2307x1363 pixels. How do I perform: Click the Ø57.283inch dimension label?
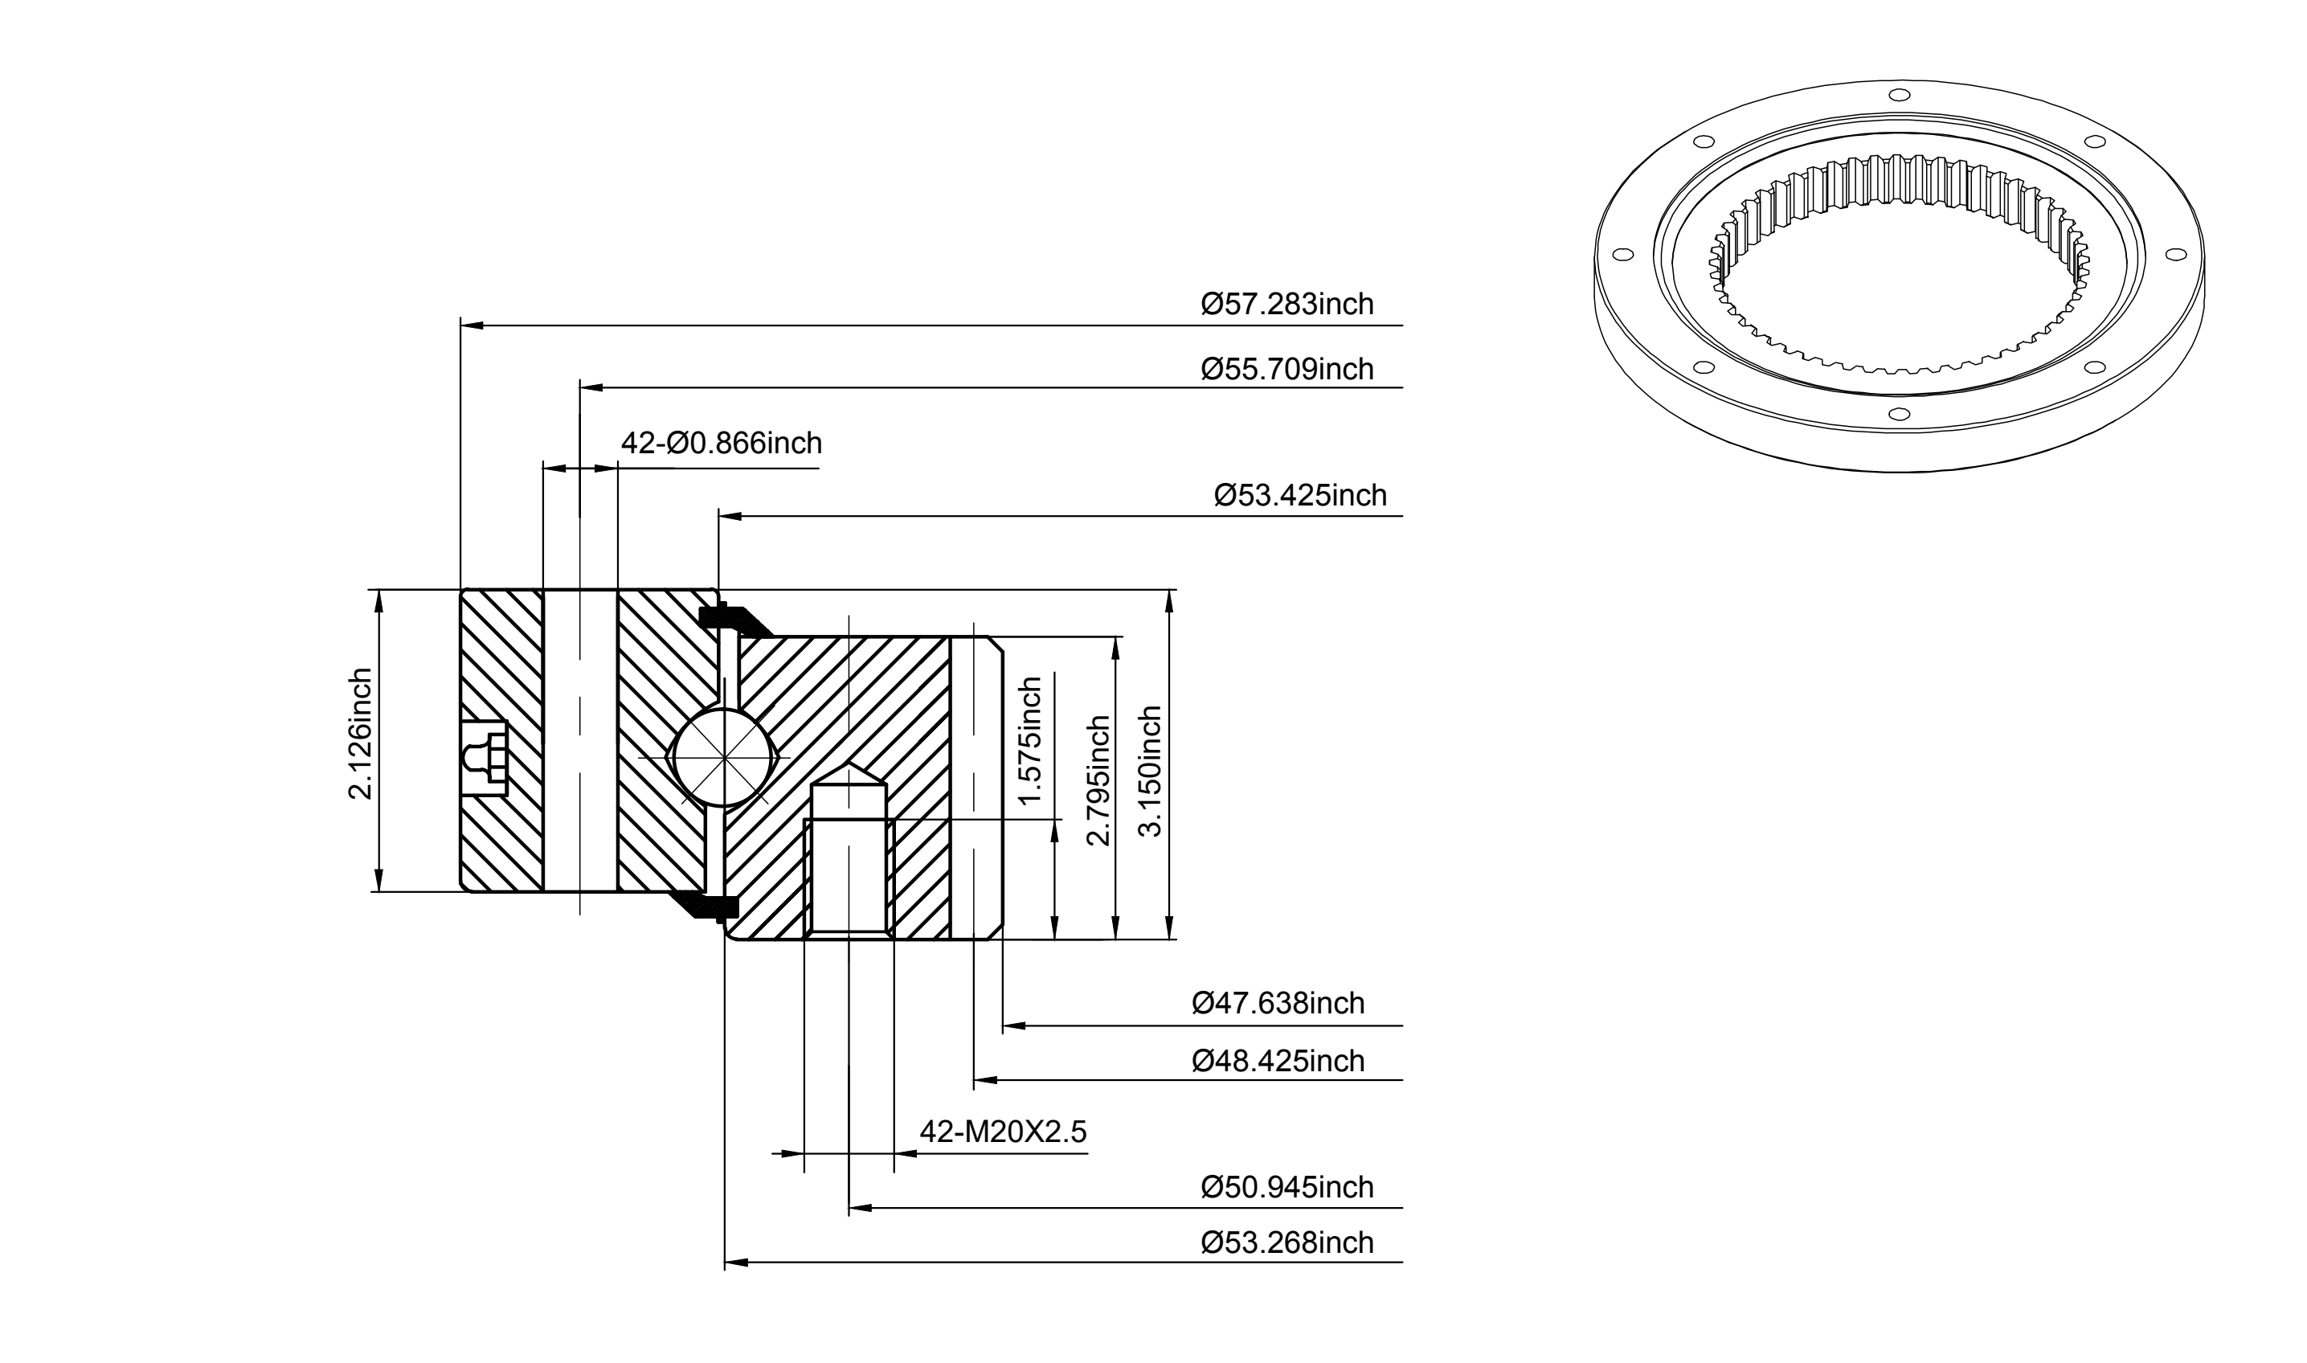pos(1286,303)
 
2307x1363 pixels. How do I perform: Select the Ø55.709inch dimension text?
pos(1286,368)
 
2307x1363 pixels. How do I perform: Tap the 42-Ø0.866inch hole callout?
pos(721,443)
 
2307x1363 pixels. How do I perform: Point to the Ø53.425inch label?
pos(1299,495)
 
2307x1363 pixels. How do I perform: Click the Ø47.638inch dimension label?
pos(1278,1003)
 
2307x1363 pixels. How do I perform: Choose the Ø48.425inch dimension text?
pos(1278,1061)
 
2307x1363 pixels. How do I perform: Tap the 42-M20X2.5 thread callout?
pos(1003,1132)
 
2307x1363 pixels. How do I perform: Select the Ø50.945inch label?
pos(1286,1187)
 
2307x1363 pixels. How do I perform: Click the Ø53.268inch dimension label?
pos(1286,1242)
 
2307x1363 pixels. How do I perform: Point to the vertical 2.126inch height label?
pos(360,734)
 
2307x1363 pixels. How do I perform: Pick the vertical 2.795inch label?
pos(1098,780)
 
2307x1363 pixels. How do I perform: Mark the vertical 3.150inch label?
pos(1150,772)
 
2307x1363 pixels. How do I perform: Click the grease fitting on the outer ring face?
pos(483,758)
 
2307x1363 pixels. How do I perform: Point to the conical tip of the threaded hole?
pos(849,773)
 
